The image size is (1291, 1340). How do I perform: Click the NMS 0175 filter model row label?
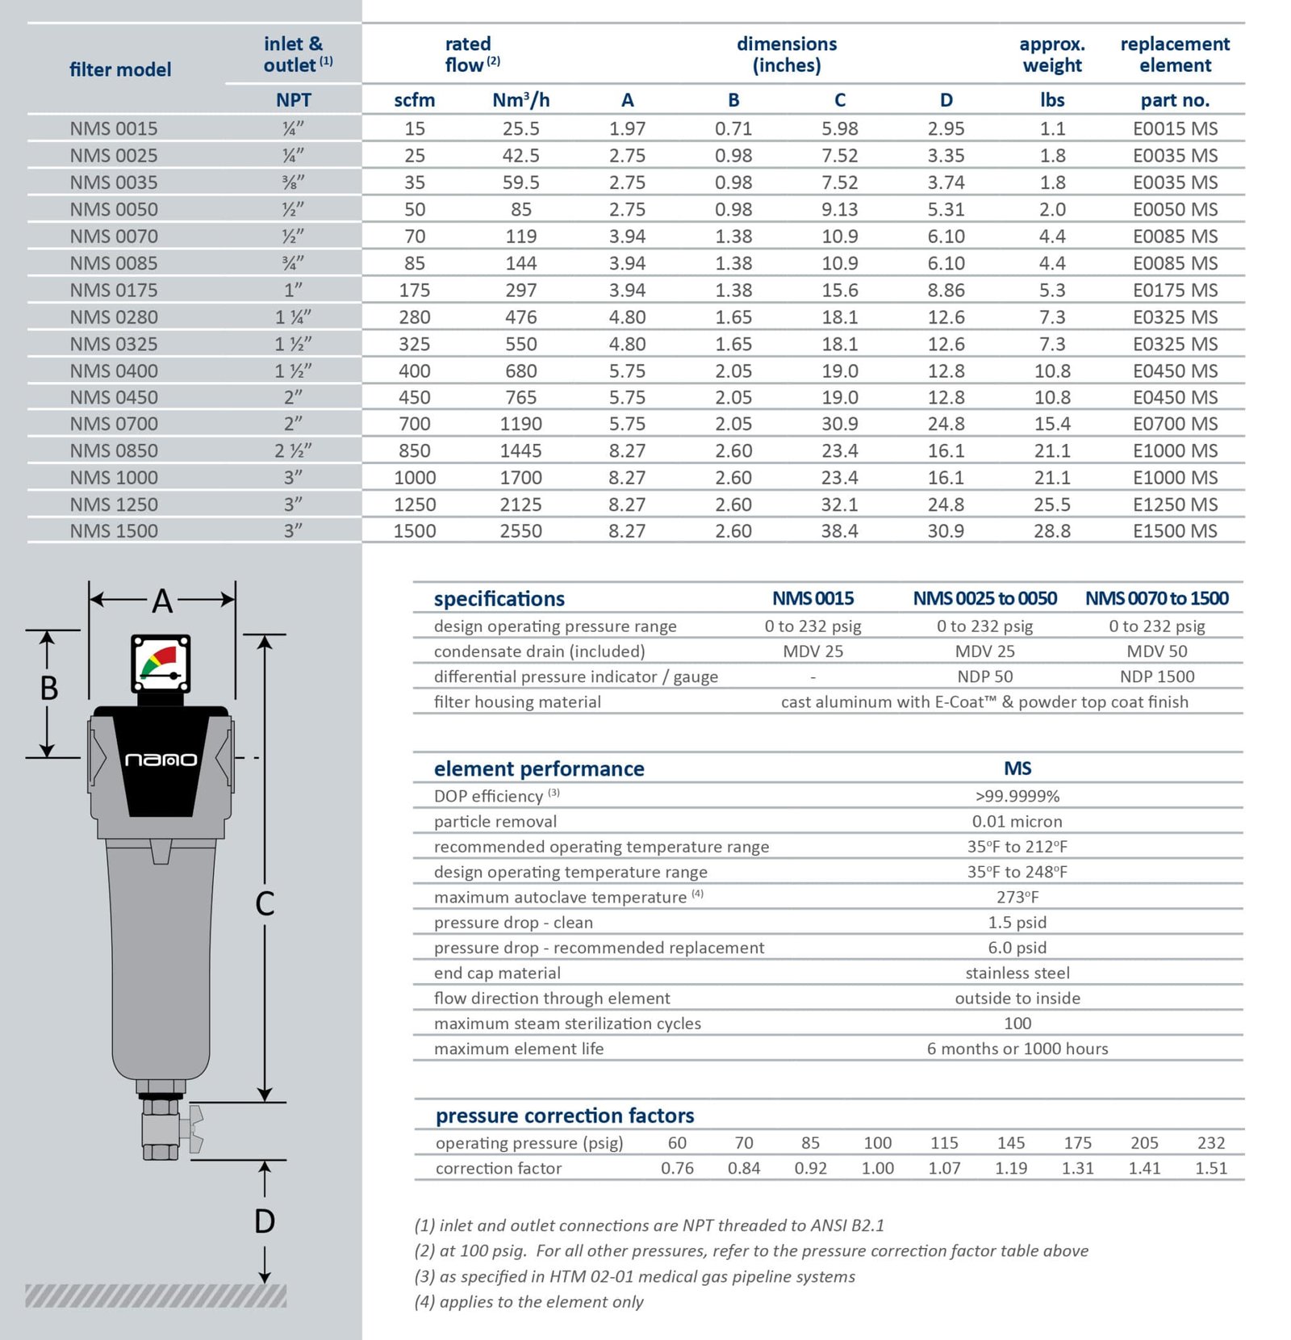114,290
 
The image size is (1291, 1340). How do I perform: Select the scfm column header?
414,100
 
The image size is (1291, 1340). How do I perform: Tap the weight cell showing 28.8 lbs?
1052,531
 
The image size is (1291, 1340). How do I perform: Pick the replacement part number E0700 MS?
1175,424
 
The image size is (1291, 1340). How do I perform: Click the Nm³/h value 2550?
520,531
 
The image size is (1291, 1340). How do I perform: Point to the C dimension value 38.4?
839,531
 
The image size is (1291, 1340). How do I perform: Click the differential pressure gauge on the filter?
161,664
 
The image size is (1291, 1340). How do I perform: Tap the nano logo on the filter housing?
161,760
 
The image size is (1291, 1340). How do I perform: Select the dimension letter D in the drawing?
265,1221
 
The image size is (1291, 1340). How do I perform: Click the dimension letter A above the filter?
162,601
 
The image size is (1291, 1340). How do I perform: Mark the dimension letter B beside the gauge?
49,689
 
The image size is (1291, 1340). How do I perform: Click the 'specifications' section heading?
499,599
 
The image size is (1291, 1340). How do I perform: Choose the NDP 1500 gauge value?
1156,676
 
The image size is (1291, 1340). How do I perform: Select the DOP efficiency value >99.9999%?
1017,796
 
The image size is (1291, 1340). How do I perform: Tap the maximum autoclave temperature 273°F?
1017,897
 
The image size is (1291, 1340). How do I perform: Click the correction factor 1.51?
1210,1168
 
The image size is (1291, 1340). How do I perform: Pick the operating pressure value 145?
1010,1143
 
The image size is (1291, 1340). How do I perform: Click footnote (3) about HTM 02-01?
634,1276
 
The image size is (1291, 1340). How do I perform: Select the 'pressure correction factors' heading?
565,1116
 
